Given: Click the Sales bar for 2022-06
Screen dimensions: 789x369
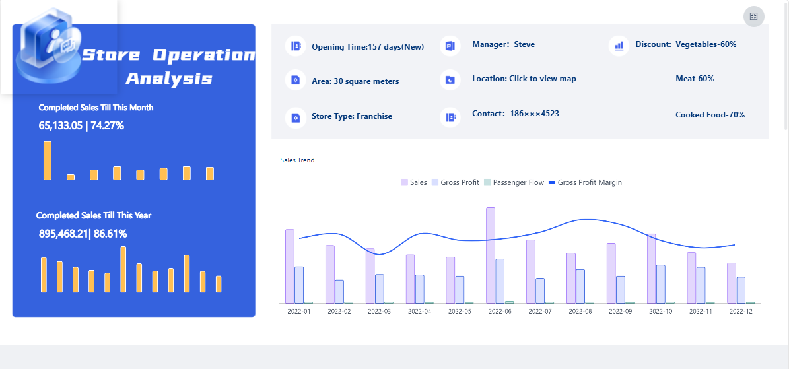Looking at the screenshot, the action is [491, 255].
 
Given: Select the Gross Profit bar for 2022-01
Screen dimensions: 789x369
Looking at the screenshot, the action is [299, 285].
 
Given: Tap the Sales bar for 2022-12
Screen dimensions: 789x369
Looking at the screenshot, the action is [732, 283].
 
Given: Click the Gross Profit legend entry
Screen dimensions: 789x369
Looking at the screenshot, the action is [456, 182].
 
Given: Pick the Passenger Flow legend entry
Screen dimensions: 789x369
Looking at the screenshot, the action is [514, 182].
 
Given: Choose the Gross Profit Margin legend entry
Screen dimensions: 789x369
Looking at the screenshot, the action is [585, 182].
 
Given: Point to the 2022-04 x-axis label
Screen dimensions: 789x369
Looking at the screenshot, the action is [420, 311].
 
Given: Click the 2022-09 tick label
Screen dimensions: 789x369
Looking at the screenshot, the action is [621, 311].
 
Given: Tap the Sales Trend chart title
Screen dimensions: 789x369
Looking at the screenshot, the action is [297, 160].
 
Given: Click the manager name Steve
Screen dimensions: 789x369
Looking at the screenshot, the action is [524, 44].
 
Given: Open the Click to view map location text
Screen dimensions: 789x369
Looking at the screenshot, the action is [543, 79].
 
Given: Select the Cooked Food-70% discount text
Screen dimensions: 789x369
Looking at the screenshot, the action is [710, 115].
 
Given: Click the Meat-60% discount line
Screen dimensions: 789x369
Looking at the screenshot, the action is [695, 79].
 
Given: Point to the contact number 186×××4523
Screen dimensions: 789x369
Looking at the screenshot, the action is [534, 114].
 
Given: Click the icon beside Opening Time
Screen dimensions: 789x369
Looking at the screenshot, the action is [296, 46].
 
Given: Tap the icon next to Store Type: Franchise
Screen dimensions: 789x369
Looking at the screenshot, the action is [296, 117].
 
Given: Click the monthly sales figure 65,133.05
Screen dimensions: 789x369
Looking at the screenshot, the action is [60, 126].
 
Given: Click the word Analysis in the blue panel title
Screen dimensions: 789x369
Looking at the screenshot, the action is [168, 79].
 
